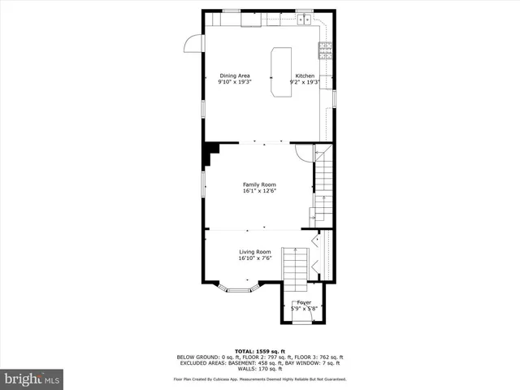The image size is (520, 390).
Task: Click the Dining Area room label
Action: [234, 76]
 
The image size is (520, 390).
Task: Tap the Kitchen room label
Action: [305, 76]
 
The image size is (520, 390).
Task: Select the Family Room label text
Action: [259, 185]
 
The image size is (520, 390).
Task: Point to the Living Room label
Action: [254, 252]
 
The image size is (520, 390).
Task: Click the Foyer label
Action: [303, 302]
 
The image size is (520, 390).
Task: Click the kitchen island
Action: [281, 72]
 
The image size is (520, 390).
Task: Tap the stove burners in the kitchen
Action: [326, 51]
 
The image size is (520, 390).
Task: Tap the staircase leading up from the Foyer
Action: [297, 268]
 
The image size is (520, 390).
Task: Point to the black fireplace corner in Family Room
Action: [212, 152]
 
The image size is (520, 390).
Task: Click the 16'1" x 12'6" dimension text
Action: [259, 192]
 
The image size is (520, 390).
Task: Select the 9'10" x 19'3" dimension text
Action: [234, 82]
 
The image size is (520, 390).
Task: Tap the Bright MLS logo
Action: [32, 379]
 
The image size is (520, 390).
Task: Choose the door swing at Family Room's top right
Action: [303, 151]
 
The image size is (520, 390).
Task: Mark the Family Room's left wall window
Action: [203, 183]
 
